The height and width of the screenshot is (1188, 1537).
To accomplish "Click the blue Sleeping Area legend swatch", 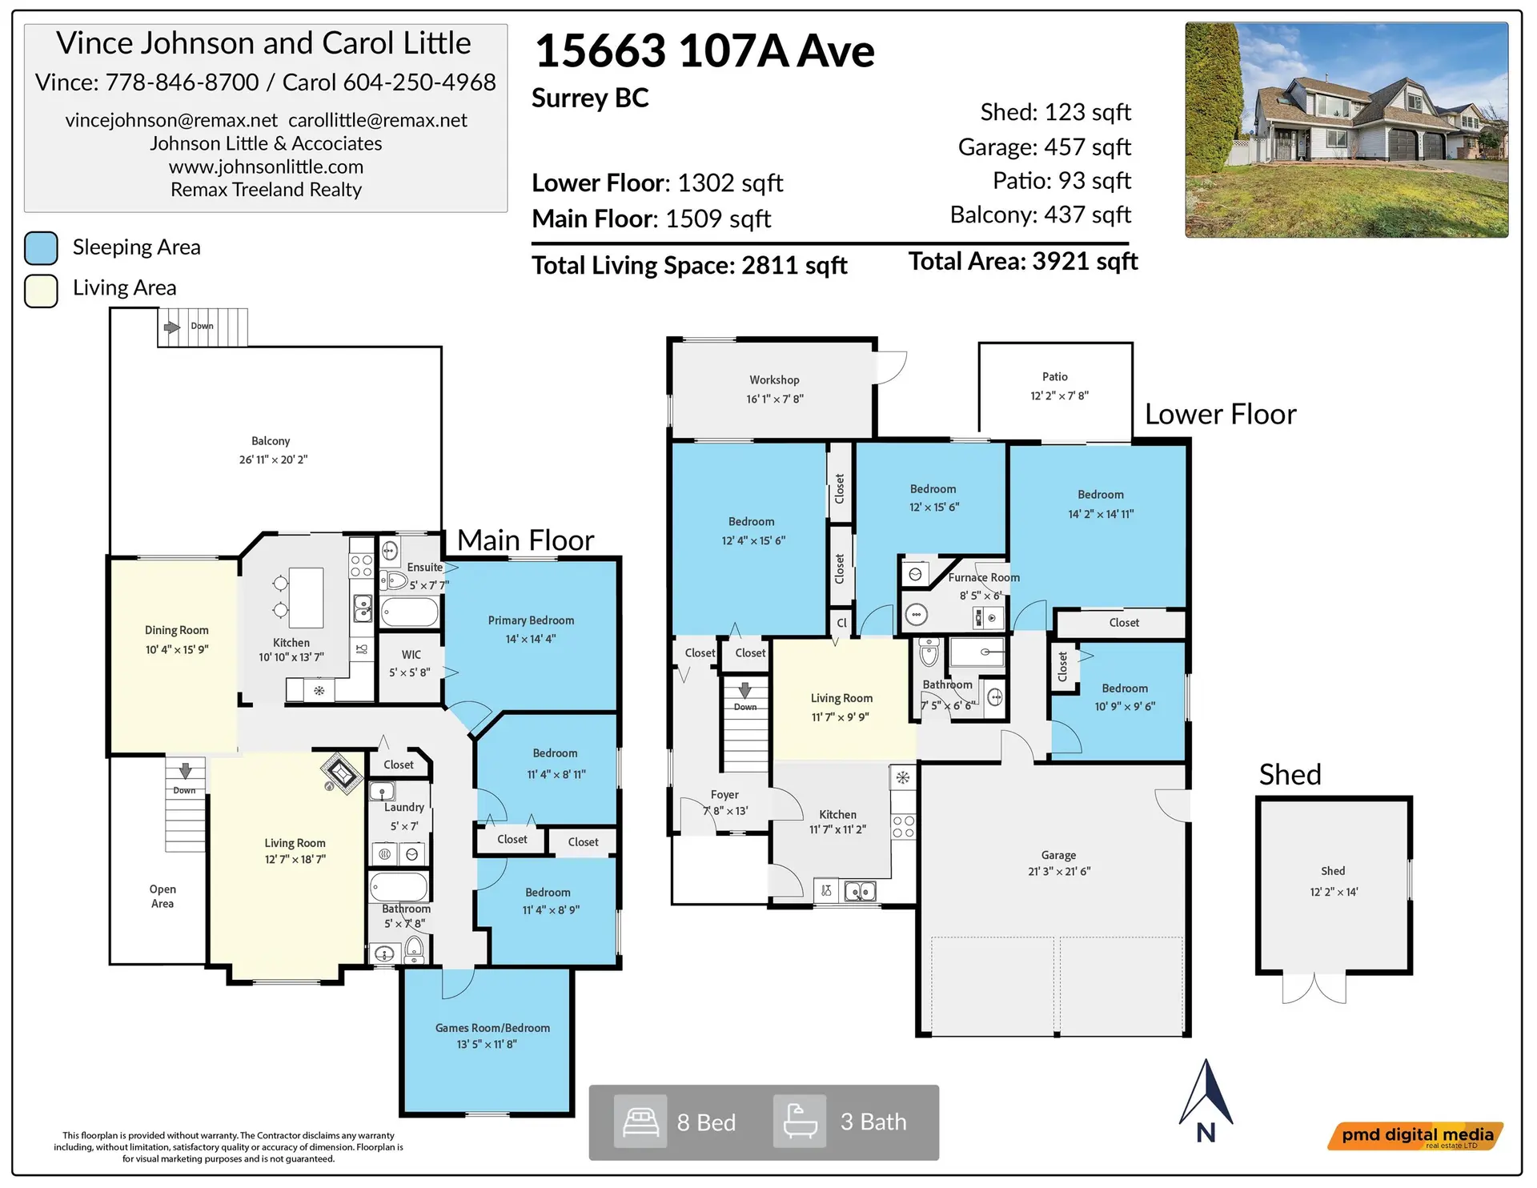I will (x=41, y=248).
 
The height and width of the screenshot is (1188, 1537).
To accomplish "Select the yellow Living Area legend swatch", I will (x=41, y=291).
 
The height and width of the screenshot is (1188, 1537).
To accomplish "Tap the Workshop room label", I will (x=774, y=380).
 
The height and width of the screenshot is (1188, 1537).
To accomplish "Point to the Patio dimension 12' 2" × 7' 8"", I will (x=1059, y=396).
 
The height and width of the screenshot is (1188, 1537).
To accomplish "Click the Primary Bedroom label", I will (x=531, y=620).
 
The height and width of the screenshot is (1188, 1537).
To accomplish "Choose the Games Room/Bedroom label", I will (x=492, y=1028).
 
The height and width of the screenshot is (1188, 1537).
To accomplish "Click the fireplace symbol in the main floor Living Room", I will (x=342, y=773).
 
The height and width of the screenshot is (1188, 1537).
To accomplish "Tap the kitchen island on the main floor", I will (x=306, y=597).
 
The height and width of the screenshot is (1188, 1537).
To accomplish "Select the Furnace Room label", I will (x=984, y=577).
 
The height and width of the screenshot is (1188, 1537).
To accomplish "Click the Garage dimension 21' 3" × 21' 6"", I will (x=1059, y=872).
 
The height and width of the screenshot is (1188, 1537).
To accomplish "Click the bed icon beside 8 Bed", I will (x=640, y=1122).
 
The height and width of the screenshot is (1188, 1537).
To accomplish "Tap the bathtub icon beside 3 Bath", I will (x=800, y=1122).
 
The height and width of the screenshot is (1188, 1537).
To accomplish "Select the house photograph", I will (x=1346, y=130).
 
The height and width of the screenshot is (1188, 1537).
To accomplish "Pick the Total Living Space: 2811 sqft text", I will (x=689, y=266).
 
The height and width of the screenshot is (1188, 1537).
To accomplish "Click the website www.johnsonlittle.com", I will (x=266, y=167).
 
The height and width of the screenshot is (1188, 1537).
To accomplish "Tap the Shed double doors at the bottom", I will (x=1314, y=989).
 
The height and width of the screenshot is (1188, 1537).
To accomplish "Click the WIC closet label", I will (x=411, y=655).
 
